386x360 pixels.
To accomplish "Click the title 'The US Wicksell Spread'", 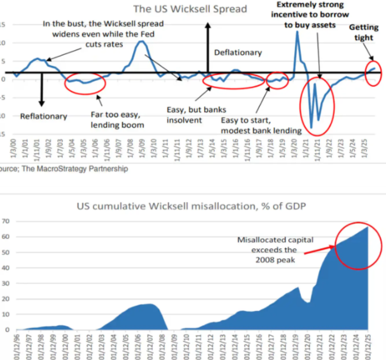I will [190, 9].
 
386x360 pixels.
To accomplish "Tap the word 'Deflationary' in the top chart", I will [238, 53].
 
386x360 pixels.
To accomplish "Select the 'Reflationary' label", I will [43, 116].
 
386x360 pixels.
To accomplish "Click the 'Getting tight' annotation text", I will [364, 33].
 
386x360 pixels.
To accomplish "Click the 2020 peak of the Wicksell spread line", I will [297, 32].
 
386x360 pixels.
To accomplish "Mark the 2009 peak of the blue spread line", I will [141, 41].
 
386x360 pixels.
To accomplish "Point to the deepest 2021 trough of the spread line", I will [311, 127].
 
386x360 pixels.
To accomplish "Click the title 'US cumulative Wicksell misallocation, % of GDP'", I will [192, 206].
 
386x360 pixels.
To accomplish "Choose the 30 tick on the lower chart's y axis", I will [7, 283].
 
